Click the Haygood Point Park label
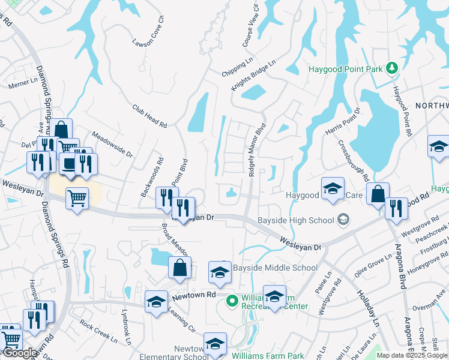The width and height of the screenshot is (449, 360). coord(345,69)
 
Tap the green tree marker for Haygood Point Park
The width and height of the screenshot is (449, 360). coord(392,68)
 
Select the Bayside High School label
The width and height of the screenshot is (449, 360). coord(295,220)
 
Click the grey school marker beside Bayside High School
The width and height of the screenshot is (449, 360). coord(343,220)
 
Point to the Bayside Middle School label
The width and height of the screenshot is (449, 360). coord(275,268)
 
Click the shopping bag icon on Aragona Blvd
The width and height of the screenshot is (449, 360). coord(378,194)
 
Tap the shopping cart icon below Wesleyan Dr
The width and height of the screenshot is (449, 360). coord(77,197)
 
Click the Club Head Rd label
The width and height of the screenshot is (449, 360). coord(149,115)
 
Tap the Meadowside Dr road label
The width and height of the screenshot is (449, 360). coord(112,145)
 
